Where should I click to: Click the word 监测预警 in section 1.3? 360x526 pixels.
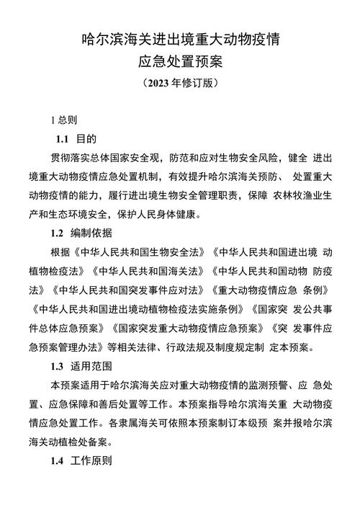(256, 384)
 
